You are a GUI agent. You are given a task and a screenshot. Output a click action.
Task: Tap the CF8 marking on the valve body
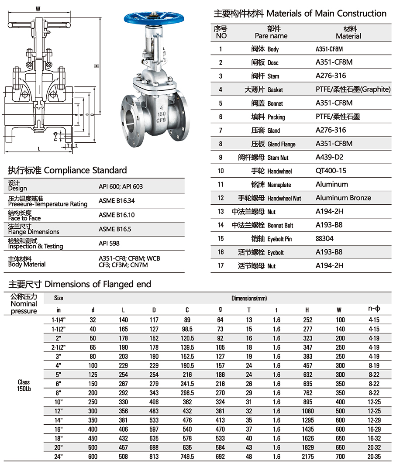tap(161, 119)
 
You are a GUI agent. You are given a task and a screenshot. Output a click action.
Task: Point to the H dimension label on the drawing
tap(97, 66)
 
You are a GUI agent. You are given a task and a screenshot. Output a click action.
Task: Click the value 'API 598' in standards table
tap(109, 243)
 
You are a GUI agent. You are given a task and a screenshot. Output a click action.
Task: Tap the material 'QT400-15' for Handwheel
tap(331, 171)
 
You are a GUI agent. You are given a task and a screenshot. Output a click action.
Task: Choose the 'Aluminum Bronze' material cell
tap(343, 198)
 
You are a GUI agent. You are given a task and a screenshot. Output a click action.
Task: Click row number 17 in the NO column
tap(221, 266)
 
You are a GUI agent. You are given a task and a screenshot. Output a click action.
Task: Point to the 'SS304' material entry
tap(324, 239)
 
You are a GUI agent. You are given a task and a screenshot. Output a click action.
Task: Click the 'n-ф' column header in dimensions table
tap(374, 309)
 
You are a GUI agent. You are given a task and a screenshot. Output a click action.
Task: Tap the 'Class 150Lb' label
tap(24, 385)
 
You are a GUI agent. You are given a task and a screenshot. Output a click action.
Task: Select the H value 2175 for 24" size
tap(307, 456)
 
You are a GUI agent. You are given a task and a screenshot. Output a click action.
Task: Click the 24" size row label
tap(59, 456)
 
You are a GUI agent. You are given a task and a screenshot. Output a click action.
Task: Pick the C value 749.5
tap(187, 456)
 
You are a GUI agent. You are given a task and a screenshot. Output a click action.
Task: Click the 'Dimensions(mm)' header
tap(249, 298)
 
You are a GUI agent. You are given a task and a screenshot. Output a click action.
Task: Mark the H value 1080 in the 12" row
tap(307, 411)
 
